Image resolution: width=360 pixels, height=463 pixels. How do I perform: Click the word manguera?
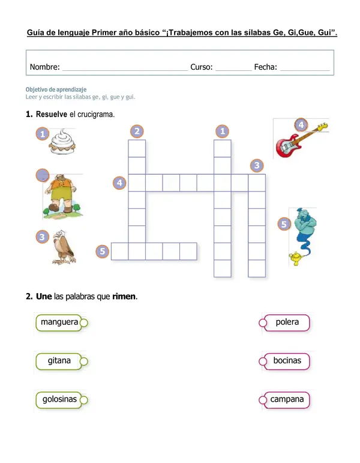click(59, 322)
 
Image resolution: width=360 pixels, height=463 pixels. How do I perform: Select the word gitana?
click(59, 361)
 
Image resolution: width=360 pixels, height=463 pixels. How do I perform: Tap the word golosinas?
click(59, 399)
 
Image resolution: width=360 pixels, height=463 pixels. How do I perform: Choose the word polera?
click(287, 322)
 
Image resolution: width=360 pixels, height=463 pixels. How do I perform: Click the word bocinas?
click(287, 361)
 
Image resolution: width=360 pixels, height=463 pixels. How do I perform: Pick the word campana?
click(287, 399)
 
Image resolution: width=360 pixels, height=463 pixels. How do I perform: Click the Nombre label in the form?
click(44, 67)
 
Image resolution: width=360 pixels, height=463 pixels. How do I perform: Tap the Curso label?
click(201, 67)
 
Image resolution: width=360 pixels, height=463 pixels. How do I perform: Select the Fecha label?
click(265, 67)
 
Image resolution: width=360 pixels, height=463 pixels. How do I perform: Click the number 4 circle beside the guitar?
click(301, 125)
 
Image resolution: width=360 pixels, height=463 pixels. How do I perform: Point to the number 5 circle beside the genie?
click(285, 224)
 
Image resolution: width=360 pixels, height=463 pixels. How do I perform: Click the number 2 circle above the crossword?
click(137, 131)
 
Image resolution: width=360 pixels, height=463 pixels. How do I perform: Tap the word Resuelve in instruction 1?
click(55, 114)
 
